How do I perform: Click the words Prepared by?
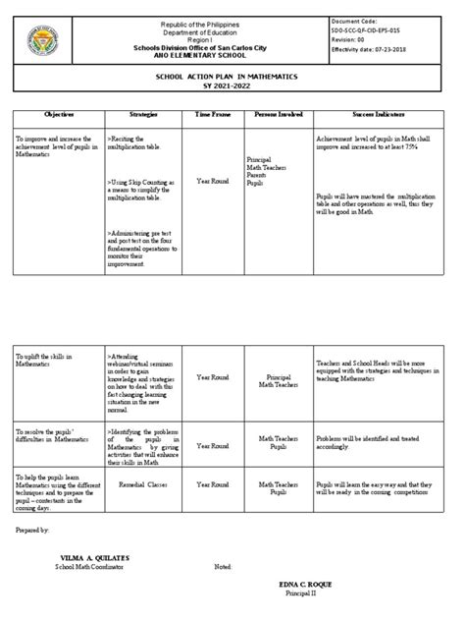point(32,529)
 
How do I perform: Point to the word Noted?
point(225,567)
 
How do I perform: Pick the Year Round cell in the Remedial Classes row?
point(213,484)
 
